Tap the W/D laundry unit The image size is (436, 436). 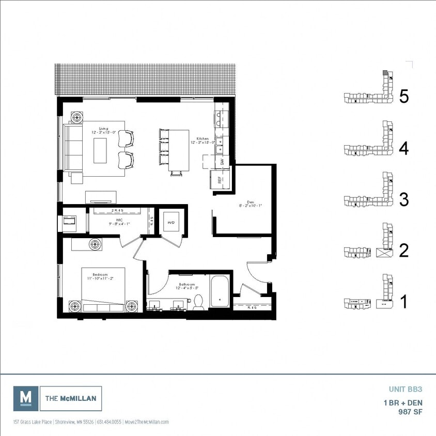(x=170, y=223)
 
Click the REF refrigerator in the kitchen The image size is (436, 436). (x=220, y=180)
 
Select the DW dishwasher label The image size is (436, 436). (x=222, y=162)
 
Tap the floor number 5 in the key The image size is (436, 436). (x=404, y=97)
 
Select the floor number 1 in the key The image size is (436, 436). (x=404, y=302)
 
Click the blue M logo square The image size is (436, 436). (x=25, y=398)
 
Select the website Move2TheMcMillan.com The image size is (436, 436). (x=147, y=422)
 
